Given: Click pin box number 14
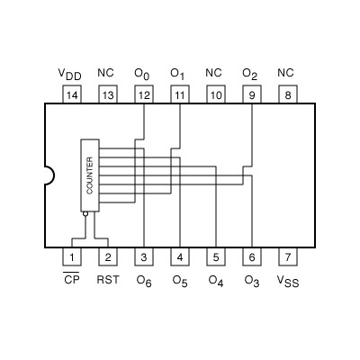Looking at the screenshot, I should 71,94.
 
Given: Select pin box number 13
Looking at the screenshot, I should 107,94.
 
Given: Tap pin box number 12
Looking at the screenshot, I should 143,94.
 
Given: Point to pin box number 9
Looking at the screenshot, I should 251,94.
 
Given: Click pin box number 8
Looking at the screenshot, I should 287,94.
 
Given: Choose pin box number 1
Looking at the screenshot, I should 71,257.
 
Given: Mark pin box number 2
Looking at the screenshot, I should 107,257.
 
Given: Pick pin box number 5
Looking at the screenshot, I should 215,257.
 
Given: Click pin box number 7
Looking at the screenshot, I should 287,257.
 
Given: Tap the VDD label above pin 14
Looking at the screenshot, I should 70,73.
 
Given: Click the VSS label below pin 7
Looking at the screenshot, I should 287,281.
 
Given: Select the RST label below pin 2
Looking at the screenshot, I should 107,280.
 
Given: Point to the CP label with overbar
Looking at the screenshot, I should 71,280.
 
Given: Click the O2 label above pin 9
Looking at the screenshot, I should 251,73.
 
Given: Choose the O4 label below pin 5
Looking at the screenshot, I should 216,281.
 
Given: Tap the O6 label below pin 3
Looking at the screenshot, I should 144,281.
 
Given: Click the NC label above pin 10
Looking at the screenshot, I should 214,72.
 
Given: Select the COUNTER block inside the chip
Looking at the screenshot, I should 89,175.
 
